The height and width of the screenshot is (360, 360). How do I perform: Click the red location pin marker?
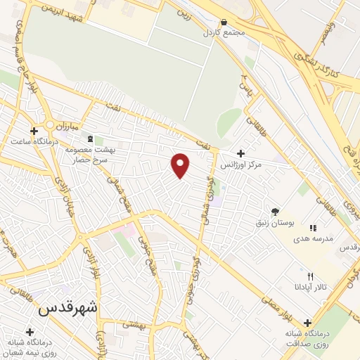point(181,165)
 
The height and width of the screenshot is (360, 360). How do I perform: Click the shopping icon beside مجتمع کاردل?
point(224,22)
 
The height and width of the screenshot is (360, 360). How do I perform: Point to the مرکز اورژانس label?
point(241,165)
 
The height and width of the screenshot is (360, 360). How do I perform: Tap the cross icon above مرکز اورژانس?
point(241,153)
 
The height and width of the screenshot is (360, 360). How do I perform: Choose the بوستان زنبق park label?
point(276,223)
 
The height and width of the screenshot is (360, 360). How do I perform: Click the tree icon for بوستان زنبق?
point(276,211)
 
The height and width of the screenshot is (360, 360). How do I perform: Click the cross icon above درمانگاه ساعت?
point(34,131)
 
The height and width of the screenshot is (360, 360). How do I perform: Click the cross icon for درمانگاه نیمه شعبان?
point(30,331)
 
